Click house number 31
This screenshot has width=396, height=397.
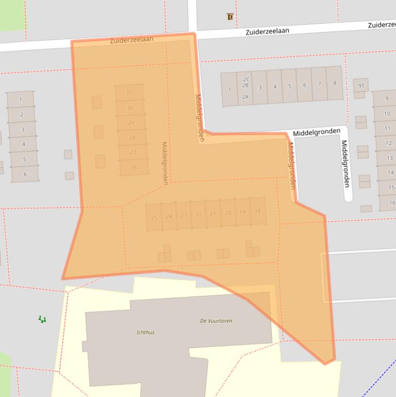(129, 93)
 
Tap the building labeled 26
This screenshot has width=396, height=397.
(134, 168)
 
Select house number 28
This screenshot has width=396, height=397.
(132, 138)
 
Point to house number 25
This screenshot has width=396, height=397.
(154, 218)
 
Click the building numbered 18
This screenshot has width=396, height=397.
(257, 211)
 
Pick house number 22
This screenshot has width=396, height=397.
(198, 214)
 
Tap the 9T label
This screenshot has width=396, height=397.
(361, 86)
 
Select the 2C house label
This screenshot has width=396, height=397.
(246, 79)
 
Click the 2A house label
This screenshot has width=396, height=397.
(245, 96)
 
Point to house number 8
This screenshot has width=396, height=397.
(335, 83)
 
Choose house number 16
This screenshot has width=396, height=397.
(392, 203)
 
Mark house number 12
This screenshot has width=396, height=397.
(389, 143)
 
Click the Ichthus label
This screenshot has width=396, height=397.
(145, 333)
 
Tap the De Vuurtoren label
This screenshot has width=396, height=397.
(216, 321)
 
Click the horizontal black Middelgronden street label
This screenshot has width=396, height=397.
(316, 133)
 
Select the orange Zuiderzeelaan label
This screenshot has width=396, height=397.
(131, 40)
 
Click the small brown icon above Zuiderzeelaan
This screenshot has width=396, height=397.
(230, 17)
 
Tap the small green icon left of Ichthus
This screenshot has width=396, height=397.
(42, 320)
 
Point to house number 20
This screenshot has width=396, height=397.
(228, 213)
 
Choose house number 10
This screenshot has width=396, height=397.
(387, 113)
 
